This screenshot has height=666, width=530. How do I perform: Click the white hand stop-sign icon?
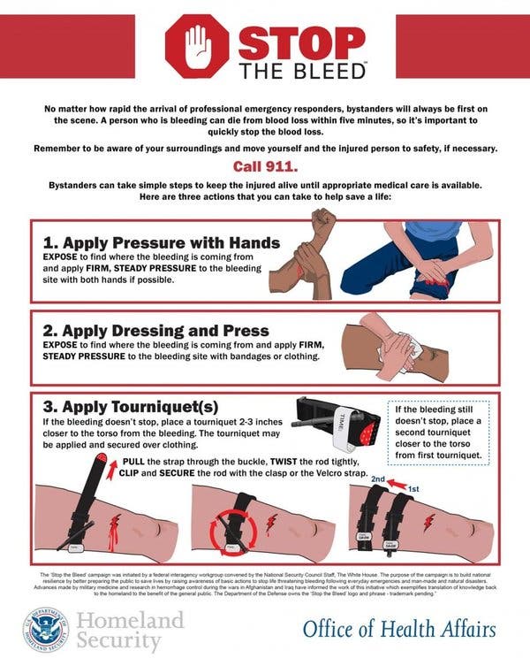197,46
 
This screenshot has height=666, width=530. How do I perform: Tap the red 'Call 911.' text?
264,165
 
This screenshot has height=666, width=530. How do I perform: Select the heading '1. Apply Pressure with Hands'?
162,242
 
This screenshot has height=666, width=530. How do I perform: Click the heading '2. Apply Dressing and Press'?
156,331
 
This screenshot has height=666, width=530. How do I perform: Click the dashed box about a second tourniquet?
438,433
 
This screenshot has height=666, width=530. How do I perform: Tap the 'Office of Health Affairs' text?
398,628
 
